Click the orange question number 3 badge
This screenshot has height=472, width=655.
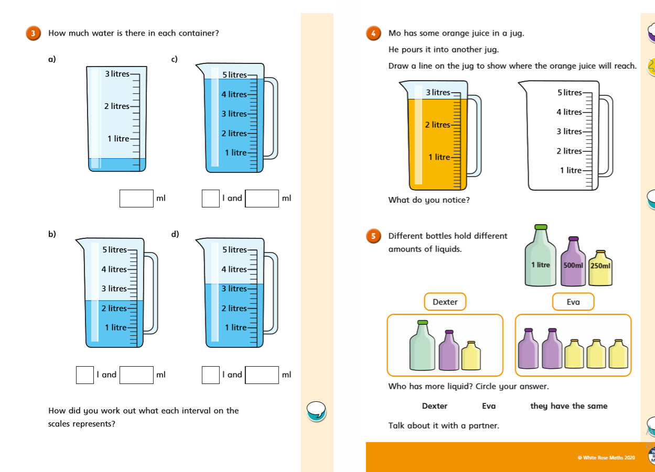(x=33, y=34)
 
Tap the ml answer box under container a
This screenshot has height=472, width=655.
(x=136, y=199)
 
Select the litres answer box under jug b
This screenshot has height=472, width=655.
(x=85, y=375)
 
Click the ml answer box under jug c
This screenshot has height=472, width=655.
(x=262, y=199)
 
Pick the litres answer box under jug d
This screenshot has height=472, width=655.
(x=211, y=375)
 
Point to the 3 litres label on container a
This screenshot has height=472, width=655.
(x=117, y=74)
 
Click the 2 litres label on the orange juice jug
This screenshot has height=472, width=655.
(x=437, y=125)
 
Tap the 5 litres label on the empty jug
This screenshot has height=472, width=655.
(x=570, y=93)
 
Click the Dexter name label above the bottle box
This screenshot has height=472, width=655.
(x=445, y=302)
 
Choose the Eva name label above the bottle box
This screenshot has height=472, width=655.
(x=573, y=302)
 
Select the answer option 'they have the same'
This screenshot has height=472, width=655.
(x=568, y=406)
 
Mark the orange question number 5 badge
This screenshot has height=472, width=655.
(x=373, y=236)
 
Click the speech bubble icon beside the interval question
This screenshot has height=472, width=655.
(x=316, y=410)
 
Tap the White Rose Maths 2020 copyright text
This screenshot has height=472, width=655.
(x=606, y=458)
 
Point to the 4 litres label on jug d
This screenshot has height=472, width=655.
(x=234, y=269)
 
